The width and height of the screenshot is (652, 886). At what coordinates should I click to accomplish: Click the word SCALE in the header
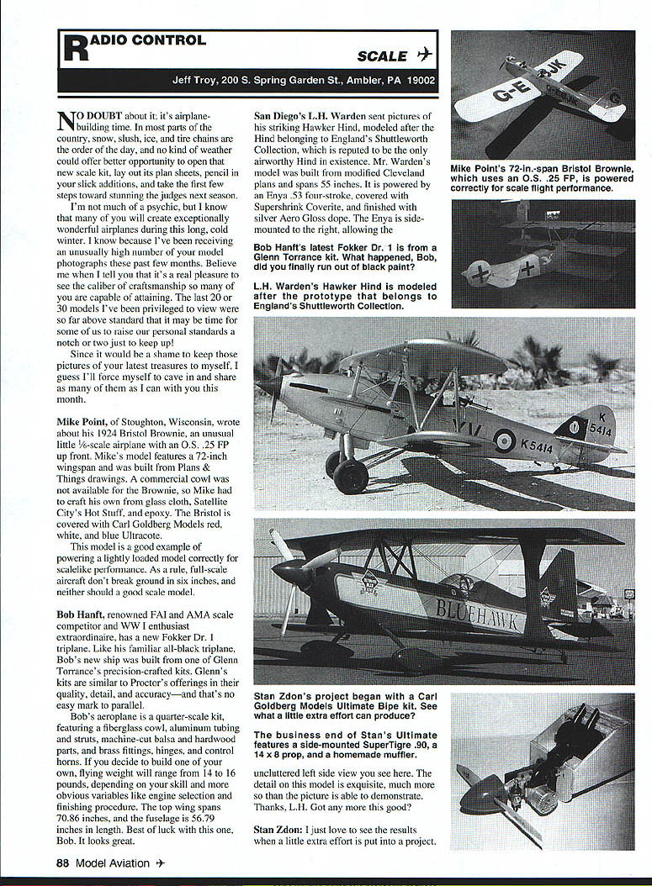click(382, 56)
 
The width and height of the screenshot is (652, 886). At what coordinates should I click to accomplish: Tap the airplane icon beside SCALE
click(424, 55)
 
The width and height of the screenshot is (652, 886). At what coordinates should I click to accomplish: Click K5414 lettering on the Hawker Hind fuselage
click(536, 447)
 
